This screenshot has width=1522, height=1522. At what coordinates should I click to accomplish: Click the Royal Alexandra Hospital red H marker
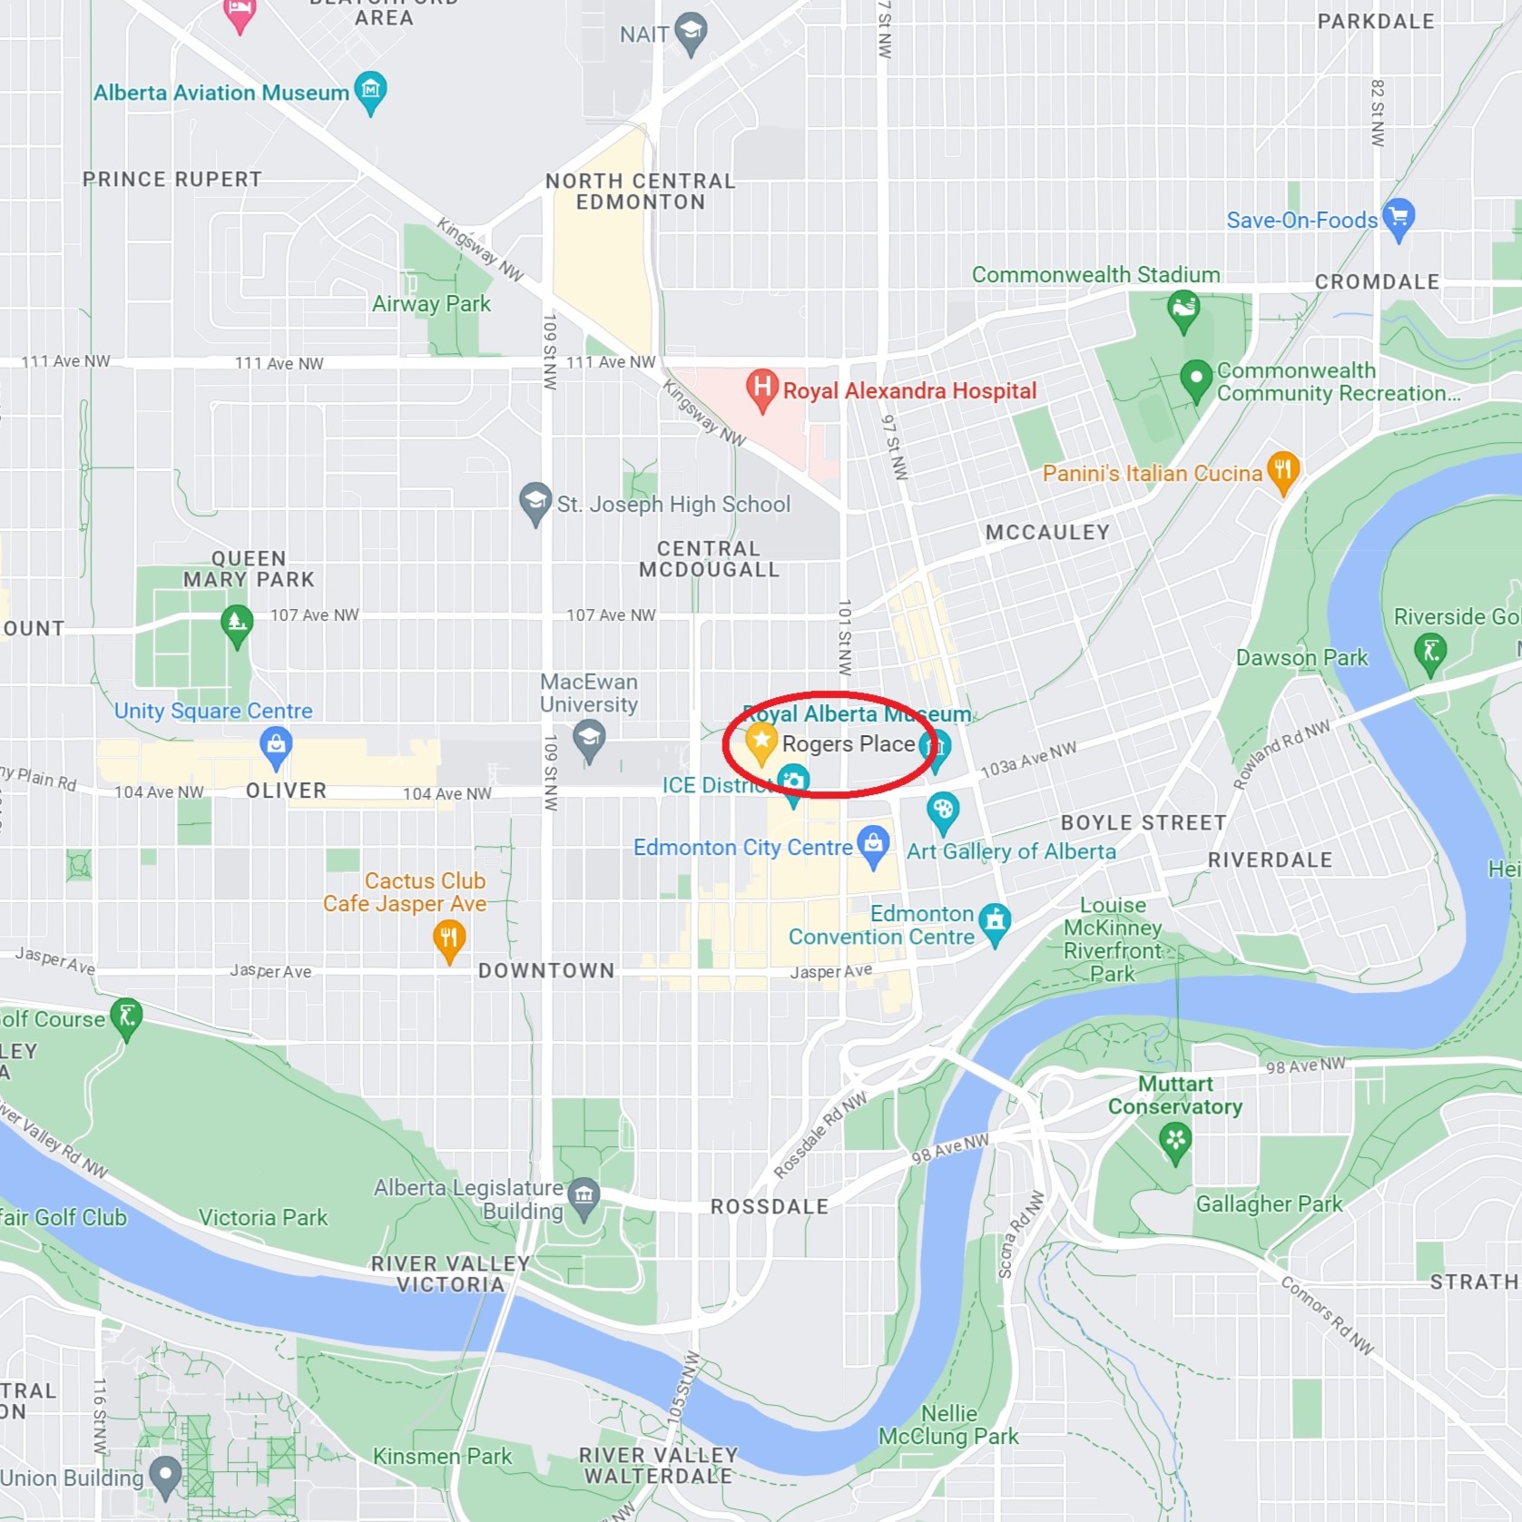(762, 387)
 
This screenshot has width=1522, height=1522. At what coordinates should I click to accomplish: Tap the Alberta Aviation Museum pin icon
(370, 90)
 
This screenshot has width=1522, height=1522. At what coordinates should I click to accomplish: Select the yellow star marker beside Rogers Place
(761, 742)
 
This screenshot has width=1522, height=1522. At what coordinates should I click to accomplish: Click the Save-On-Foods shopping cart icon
(1399, 217)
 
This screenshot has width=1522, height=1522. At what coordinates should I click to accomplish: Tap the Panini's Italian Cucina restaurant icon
(1282, 470)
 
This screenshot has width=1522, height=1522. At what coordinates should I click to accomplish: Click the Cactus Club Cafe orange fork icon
(449, 938)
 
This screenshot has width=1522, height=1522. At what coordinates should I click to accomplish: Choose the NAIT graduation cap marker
(692, 32)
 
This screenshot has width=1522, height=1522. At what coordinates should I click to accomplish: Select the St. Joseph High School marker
(535, 501)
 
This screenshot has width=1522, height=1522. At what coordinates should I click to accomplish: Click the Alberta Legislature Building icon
(584, 1195)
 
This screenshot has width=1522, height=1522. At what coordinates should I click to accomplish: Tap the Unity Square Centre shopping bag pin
(276, 744)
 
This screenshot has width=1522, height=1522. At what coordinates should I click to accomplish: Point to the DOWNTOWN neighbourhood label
(546, 970)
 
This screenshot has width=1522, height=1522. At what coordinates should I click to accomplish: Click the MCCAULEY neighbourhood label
(1047, 532)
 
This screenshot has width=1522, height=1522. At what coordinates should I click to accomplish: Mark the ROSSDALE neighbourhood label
(770, 1206)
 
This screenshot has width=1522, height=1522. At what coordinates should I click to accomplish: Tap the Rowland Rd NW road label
(1281, 753)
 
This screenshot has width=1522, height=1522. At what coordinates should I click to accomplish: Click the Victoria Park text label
(263, 1217)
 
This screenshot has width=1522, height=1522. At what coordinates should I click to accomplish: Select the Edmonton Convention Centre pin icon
(996, 921)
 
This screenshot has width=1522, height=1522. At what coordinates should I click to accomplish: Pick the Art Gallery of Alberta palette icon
(943, 810)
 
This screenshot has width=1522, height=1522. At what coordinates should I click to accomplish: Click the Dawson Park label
(1301, 657)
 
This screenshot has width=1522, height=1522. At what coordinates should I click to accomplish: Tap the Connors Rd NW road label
(1327, 1315)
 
